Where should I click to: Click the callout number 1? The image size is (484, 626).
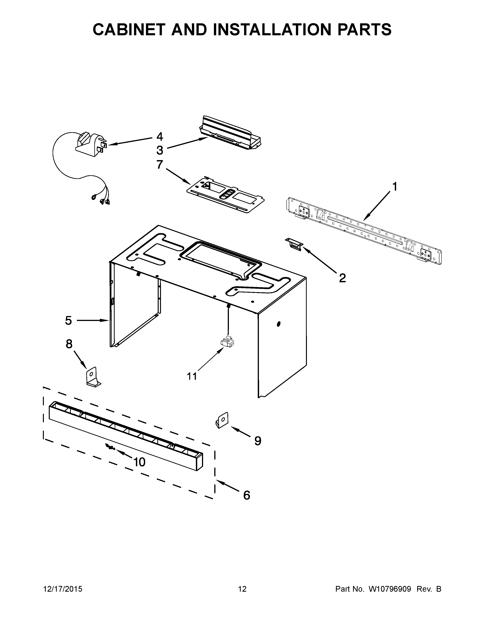pos(395,187)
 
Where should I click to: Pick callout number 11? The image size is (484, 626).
pos(192,376)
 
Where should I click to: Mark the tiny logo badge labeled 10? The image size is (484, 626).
pos(110,447)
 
